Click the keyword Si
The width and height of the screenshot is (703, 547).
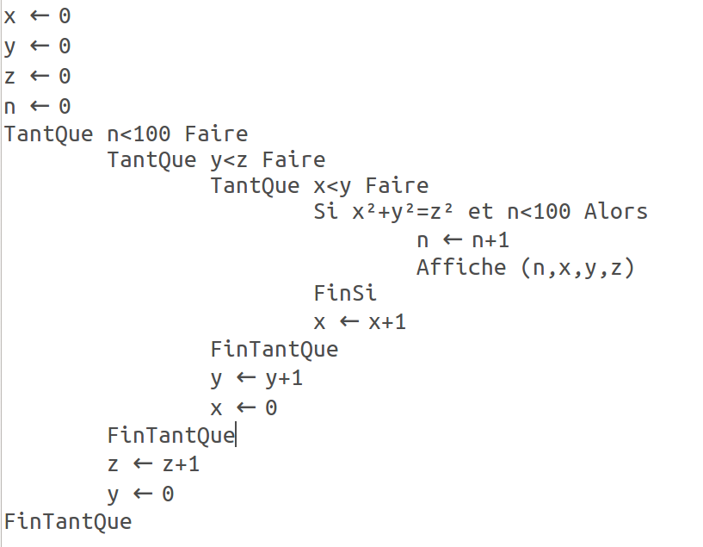tap(326, 212)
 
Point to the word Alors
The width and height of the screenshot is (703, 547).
tap(615, 212)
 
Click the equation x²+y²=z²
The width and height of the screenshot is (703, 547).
tap(410, 212)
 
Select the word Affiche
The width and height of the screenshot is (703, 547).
tap(461, 267)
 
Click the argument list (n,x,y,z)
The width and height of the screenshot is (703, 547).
tap(577, 267)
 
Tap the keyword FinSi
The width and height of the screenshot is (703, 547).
tap(345, 294)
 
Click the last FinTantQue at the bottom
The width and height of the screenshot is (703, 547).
tap(68, 521)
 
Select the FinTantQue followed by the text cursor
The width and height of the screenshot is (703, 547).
tap(171, 435)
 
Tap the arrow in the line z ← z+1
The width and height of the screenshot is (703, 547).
tap(143, 464)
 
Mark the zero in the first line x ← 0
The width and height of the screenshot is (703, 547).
tap(64, 16)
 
